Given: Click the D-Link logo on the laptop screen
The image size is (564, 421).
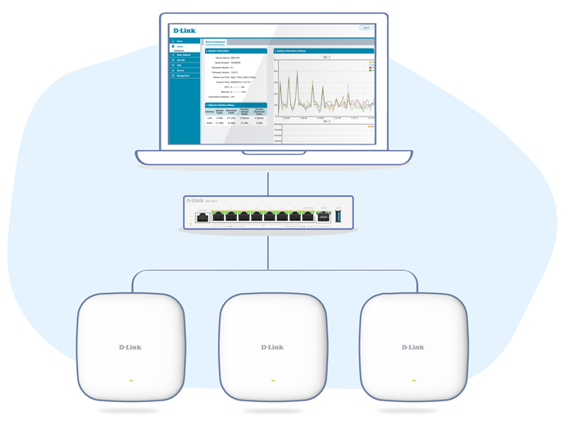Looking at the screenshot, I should click(184, 30).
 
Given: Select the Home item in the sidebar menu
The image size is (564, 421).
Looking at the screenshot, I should click(180, 41).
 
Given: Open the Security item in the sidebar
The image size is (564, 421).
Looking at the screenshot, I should click(181, 60).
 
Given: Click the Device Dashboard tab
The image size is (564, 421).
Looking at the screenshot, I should click(215, 42).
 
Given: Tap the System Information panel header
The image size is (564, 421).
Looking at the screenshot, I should click(235, 51).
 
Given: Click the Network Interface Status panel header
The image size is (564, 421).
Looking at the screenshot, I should click(235, 105).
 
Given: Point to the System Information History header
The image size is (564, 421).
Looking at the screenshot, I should click(323, 51).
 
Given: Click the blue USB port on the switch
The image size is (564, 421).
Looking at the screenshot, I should click(339, 217).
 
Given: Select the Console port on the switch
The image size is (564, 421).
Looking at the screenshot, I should click(202, 218).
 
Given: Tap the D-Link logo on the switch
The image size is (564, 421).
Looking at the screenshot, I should click(195, 201).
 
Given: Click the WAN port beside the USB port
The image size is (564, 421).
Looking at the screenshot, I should click(324, 217).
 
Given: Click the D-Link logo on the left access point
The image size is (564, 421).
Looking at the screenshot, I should click(130, 347).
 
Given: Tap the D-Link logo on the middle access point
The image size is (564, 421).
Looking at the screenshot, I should click(272, 347).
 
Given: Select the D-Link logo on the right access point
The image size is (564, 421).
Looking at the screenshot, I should click(413, 347).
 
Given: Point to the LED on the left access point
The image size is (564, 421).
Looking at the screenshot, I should click(131, 381).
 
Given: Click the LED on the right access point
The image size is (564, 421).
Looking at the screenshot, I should click(414, 381).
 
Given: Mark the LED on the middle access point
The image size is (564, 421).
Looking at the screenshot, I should click(273, 381).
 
